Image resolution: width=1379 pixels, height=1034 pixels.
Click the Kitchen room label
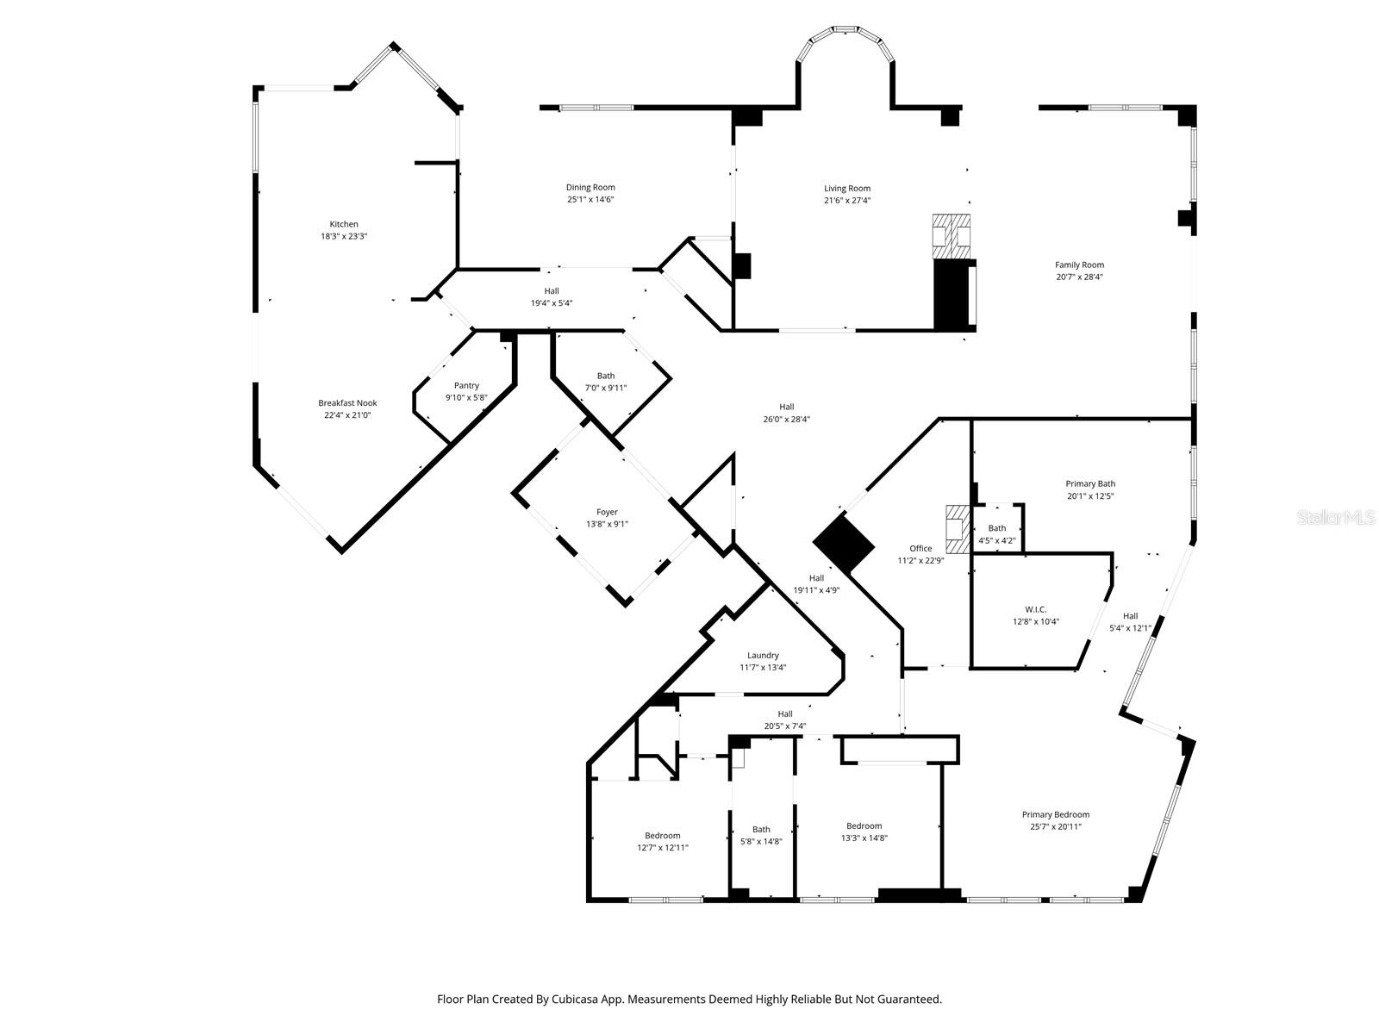coord(343,224)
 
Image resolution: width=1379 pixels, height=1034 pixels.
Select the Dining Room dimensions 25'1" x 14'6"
coord(590,200)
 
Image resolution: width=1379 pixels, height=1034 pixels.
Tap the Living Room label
coord(847,188)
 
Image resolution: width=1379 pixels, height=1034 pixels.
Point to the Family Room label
coord(1079,265)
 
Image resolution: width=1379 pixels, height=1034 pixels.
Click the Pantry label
coord(466,385)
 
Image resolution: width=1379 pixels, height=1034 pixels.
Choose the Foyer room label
coord(607,512)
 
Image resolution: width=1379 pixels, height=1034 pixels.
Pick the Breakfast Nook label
coord(347,402)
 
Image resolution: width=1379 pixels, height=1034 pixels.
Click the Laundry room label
coord(763,655)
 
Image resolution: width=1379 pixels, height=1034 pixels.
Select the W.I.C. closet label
coord(1035,609)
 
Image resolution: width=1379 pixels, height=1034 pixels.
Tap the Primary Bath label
coord(1090,483)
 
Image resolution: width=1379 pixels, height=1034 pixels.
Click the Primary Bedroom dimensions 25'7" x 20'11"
coord(1056,827)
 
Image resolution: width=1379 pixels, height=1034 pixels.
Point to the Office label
coord(920,548)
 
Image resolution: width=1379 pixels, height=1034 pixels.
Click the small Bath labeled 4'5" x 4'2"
coord(997,534)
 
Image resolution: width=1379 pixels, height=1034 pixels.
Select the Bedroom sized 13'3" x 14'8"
coord(864,832)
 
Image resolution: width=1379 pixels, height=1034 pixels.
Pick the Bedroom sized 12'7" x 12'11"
coord(662,841)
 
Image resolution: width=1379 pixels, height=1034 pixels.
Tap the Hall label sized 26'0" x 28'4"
coord(786,413)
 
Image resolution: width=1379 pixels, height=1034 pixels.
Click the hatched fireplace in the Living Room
coord(952,235)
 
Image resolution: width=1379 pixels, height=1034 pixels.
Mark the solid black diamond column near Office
coord(844,543)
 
